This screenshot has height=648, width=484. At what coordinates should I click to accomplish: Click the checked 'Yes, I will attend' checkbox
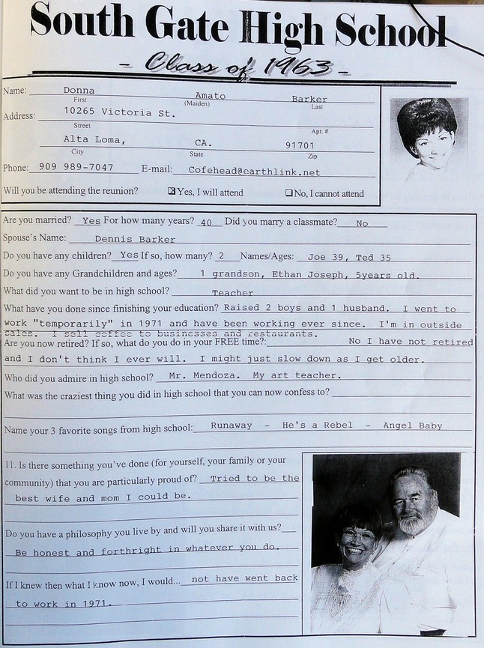click(172, 192)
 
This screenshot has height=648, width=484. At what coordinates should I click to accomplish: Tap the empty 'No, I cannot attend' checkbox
click(288, 193)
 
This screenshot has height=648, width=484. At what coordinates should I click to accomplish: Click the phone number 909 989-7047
click(76, 168)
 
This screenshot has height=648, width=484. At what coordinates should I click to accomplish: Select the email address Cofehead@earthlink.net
click(254, 172)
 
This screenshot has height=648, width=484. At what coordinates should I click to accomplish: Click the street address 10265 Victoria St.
click(109, 113)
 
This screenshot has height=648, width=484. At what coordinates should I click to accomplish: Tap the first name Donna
click(79, 91)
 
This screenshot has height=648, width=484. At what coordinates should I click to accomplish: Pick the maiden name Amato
click(210, 96)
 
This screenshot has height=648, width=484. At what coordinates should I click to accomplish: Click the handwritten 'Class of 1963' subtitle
click(238, 66)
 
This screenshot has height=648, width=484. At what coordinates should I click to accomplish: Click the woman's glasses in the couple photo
click(358, 535)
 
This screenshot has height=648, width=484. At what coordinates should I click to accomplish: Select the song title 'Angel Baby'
click(412, 426)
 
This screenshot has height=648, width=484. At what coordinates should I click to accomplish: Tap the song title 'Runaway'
click(232, 426)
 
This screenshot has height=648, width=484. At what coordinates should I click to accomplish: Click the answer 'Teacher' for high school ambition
click(232, 293)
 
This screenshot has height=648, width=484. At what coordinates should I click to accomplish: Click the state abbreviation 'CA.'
click(203, 142)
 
